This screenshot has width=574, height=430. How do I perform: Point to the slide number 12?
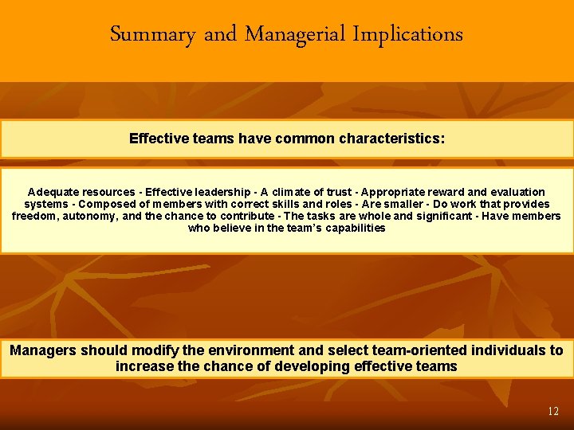click(x=553, y=412)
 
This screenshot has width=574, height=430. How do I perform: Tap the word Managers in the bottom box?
click(x=44, y=350)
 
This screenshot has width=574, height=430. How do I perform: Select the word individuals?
click(x=507, y=350)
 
